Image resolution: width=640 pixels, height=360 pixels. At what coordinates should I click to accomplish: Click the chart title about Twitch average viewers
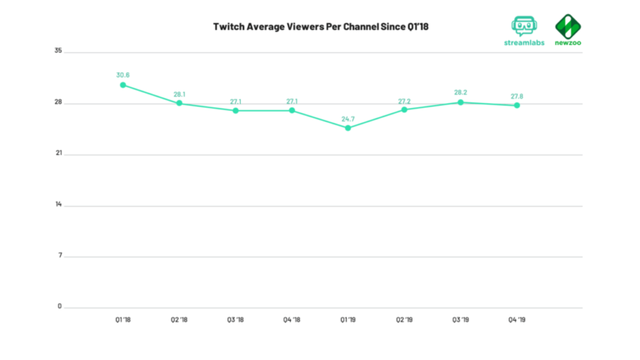tap(320, 27)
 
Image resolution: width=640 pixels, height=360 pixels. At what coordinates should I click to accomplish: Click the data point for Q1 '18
tap(122, 85)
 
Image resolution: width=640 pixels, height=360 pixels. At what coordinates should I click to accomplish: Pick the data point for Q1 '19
tap(347, 128)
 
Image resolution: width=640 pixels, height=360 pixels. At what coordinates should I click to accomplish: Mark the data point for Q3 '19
tap(460, 102)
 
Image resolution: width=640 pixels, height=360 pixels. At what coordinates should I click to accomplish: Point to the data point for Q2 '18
tap(179, 103)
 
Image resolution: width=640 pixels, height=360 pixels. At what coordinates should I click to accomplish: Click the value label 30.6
tap(122, 75)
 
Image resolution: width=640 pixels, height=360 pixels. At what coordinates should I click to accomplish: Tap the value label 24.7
tap(347, 118)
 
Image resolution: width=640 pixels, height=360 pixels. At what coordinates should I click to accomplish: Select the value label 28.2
tap(460, 92)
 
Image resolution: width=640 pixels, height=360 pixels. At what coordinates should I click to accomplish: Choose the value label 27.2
tap(404, 100)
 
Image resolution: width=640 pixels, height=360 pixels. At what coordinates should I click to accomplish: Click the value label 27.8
tap(517, 96)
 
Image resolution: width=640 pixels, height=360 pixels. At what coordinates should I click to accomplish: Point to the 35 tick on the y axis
tap(58, 52)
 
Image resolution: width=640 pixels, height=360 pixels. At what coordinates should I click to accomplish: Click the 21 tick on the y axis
tap(58, 154)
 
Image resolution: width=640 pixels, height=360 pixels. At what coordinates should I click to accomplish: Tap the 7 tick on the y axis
tap(60, 256)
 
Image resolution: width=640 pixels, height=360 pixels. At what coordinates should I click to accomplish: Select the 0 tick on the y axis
tap(60, 307)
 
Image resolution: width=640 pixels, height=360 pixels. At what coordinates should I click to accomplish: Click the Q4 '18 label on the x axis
tap(292, 319)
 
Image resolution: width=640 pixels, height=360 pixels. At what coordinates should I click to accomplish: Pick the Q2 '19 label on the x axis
tap(404, 319)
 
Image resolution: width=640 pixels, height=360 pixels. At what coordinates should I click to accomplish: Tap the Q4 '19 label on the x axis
tap(517, 319)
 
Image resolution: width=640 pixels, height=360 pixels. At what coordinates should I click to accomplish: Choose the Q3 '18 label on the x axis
tap(235, 319)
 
